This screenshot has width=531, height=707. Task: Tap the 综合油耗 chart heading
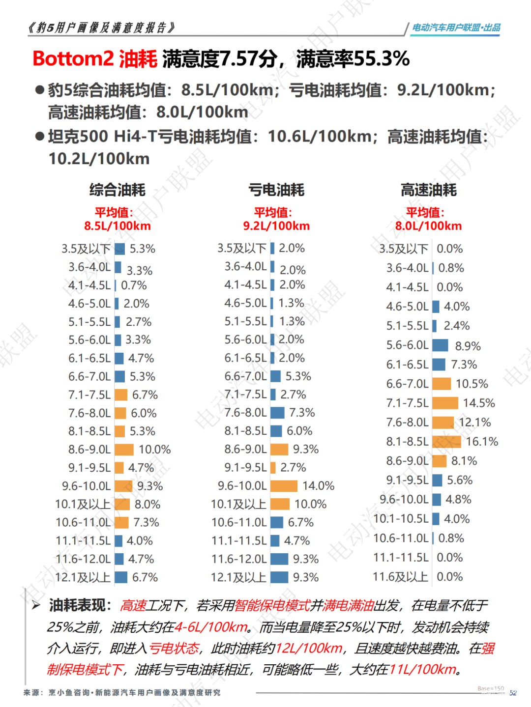click(x=117, y=190)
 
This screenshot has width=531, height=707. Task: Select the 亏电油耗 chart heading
click(x=276, y=190)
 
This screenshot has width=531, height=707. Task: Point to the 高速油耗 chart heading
click(x=429, y=190)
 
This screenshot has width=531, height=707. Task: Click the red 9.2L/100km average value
click(x=276, y=226)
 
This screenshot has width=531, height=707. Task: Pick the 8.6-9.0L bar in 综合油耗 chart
click(x=124, y=450)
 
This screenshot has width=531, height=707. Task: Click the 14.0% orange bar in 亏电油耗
click(x=284, y=486)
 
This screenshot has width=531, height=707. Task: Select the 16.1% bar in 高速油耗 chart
click(x=446, y=442)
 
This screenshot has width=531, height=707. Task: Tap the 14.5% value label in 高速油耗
click(x=479, y=403)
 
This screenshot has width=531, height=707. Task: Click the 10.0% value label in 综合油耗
click(x=154, y=450)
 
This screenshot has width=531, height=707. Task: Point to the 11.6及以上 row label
click(x=400, y=577)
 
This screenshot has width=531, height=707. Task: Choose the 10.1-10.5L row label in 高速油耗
click(x=401, y=519)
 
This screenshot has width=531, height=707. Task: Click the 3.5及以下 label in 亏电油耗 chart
click(x=242, y=249)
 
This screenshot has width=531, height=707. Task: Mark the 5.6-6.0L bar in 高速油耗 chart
click(x=440, y=345)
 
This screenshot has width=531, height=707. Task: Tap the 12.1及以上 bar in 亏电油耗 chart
click(x=279, y=577)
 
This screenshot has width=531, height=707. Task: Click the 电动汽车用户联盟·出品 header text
click(x=456, y=28)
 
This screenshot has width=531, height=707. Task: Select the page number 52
click(x=513, y=693)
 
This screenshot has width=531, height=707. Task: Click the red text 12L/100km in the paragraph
click(x=309, y=649)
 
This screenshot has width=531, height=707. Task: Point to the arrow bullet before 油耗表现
click(x=36, y=605)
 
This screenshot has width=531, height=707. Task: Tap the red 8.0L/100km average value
click(x=429, y=226)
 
